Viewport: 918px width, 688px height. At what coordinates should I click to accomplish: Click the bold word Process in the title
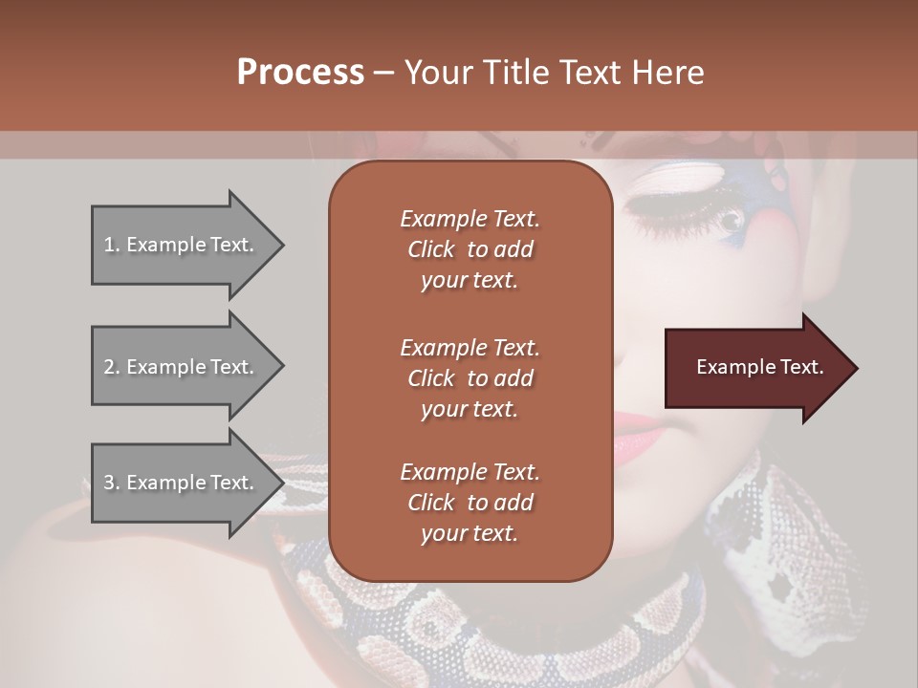300,73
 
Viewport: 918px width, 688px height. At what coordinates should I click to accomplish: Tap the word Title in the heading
518,73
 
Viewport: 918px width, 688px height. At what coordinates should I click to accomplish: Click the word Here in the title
669,73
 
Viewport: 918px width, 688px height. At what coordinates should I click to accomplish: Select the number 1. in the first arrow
112,245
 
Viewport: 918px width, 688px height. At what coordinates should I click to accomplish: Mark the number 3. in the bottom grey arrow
112,483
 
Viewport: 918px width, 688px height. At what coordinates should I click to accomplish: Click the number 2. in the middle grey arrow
112,367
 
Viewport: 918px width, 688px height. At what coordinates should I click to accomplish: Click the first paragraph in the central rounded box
470,249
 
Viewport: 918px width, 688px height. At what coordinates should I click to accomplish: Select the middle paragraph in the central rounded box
470,378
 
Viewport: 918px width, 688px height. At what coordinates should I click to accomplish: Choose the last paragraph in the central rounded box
470,503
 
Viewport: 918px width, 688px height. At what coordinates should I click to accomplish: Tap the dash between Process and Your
384,73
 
